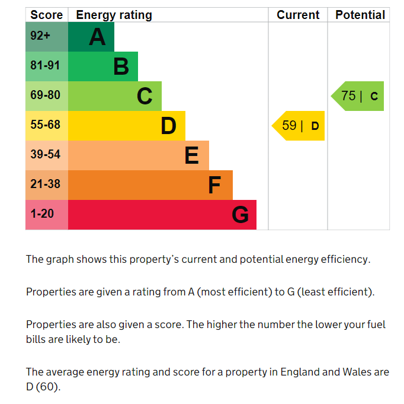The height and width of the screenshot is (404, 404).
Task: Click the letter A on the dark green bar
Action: click(97, 37)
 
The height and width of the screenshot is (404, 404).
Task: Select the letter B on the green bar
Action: click(121, 66)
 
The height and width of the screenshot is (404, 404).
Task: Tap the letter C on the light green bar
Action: click(145, 96)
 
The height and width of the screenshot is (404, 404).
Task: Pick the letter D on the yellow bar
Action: click(169, 126)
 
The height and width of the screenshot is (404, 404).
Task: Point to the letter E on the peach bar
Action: click(191, 155)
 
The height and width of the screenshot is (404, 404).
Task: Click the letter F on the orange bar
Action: click(214, 185)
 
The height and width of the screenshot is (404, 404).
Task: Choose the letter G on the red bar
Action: click(240, 215)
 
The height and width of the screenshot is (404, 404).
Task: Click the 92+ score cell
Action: click(41, 36)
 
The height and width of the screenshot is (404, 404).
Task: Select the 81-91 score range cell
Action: click(46, 66)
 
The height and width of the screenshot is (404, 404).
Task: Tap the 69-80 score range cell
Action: click(46, 96)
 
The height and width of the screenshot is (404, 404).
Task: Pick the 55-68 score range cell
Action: click(46, 125)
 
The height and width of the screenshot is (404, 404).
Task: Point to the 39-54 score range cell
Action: click(46, 155)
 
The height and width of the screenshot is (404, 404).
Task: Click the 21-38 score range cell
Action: click(46, 184)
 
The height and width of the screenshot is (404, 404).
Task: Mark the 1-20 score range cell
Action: click(42, 214)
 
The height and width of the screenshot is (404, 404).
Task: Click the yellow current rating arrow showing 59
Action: click(299, 126)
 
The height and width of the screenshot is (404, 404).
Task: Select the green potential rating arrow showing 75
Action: click(358, 96)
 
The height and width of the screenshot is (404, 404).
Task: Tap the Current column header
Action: click(298, 15)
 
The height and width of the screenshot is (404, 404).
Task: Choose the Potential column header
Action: click(360, 15)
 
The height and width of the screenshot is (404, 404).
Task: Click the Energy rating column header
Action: click(114, 15)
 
